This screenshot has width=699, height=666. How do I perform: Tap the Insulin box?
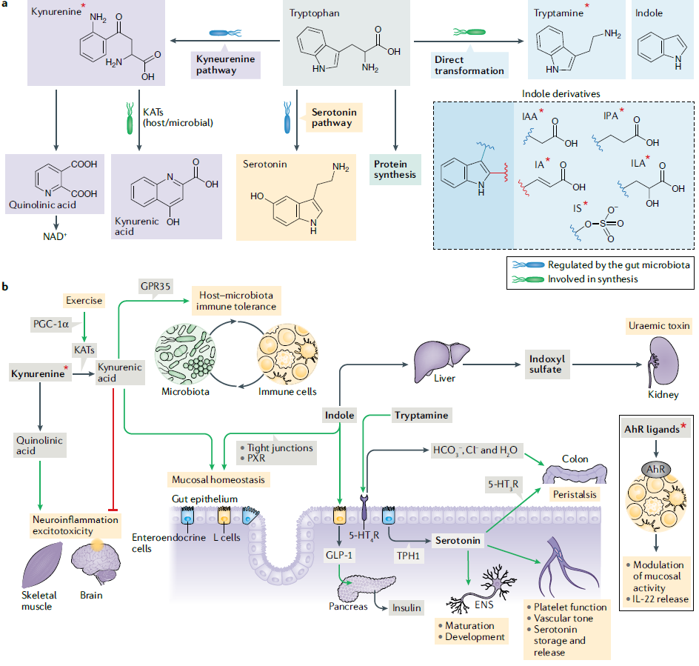[407, 608]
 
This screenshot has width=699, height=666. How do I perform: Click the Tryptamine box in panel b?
[421, 416]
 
